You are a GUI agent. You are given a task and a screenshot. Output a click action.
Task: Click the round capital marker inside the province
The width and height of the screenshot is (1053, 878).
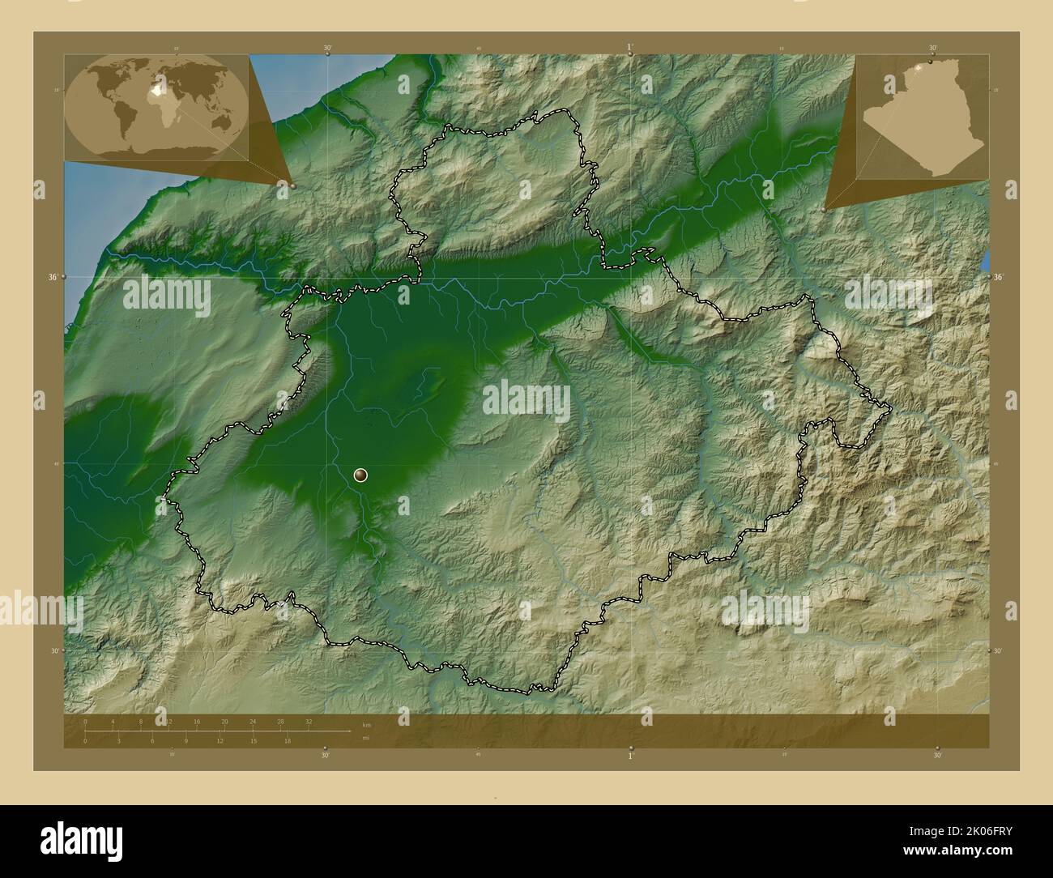click(361, 476)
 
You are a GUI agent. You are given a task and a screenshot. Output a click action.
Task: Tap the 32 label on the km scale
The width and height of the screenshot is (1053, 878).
click(309, 721)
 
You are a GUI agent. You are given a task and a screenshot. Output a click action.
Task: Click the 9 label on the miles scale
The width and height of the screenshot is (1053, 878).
click(186, 740)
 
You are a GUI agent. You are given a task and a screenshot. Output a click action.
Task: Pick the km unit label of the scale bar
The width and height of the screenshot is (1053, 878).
click(367, 724)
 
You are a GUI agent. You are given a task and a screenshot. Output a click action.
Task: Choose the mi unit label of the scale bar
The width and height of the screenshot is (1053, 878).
click(367, 738)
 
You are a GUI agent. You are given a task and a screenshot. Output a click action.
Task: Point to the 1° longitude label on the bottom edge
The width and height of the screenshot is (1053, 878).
click(631, 755)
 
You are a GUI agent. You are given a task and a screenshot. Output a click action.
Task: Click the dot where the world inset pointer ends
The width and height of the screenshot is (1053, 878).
click(292, 185)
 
